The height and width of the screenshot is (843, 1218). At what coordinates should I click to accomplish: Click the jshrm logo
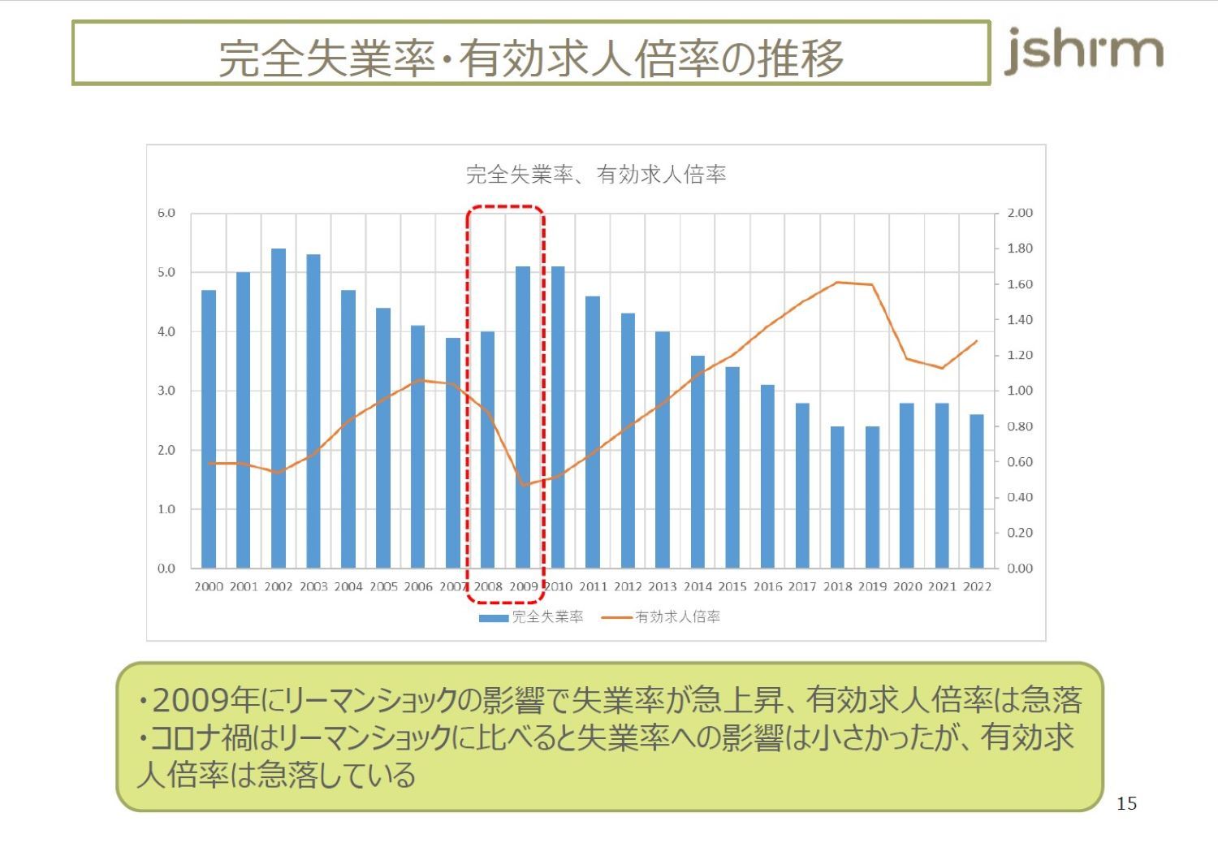1084,51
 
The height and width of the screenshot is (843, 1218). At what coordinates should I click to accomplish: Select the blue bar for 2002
279,408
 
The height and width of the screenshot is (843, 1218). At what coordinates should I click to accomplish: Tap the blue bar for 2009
523,417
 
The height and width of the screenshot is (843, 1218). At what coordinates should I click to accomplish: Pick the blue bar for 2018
837,497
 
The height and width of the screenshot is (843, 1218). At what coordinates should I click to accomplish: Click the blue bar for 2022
977,491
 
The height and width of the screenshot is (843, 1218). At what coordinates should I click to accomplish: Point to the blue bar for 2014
698,461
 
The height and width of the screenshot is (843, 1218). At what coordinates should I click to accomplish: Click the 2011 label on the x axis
593,586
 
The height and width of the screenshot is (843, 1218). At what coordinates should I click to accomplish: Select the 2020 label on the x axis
907,586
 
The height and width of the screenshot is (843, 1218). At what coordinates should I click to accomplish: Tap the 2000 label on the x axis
209,586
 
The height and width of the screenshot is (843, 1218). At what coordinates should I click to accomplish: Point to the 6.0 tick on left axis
166,213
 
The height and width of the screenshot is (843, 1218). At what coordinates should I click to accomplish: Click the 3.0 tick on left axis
166,391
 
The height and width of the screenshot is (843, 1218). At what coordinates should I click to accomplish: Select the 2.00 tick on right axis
1020,213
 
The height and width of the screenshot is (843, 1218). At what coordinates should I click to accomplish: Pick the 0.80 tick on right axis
1020,426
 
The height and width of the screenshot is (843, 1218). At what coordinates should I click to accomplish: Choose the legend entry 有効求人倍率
677,617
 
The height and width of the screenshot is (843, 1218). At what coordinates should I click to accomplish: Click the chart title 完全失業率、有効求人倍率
595,175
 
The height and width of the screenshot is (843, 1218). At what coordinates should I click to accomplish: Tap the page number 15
1126,804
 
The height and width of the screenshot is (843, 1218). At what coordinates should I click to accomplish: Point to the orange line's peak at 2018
837,283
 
